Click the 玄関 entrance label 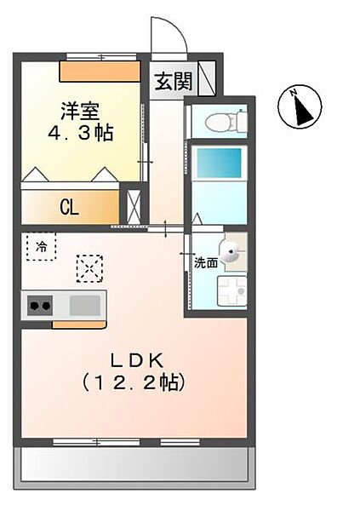(x=174, y=81)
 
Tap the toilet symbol (x=225, y=122)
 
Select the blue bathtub (x=220, y=163)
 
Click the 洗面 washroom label (x=206, y=262)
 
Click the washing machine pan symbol (x=232, y=291)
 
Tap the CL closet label (x=70, y=207)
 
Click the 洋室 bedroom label (x=80, y=111)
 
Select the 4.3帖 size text (x=81, y=133)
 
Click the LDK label (x=136, y=360)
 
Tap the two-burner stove (x=40, y=306)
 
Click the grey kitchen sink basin (x=85, y=306)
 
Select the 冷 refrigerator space (x=42, y=246)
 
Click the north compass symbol (x=300, y=106)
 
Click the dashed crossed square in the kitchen (x=90, y=268)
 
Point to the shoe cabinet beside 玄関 (x=207, y=78)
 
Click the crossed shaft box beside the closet (x=134, y=207)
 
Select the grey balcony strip (x=134, y=464)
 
